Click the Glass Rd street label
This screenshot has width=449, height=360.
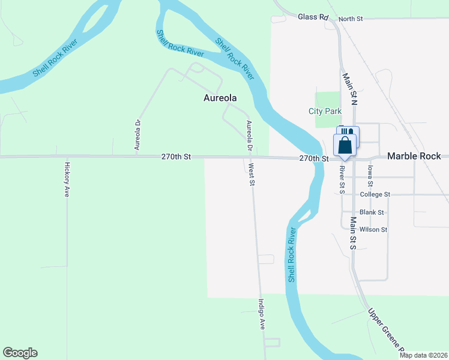pos(313,17)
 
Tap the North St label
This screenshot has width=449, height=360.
pos(351,19)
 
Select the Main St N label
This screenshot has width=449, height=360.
pos(349,90)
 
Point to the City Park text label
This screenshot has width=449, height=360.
pos(325,111)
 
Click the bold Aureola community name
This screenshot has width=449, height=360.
pos(221,97)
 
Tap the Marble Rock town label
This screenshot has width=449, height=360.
pos(414,156)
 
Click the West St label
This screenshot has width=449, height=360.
pos(252,174)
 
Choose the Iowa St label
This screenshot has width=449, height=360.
pos(370,174)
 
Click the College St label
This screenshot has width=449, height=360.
pos(375,194)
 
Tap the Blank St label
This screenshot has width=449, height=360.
pos(372,212)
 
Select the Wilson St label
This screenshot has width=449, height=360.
pos(373,230)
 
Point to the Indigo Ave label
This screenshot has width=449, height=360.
pos(262,314)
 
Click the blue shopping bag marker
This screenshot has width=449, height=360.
pos(345,145)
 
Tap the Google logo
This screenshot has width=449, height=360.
pos(20,353)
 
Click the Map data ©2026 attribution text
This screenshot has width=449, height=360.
pos(423,355)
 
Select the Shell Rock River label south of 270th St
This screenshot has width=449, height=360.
pos(292,254)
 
